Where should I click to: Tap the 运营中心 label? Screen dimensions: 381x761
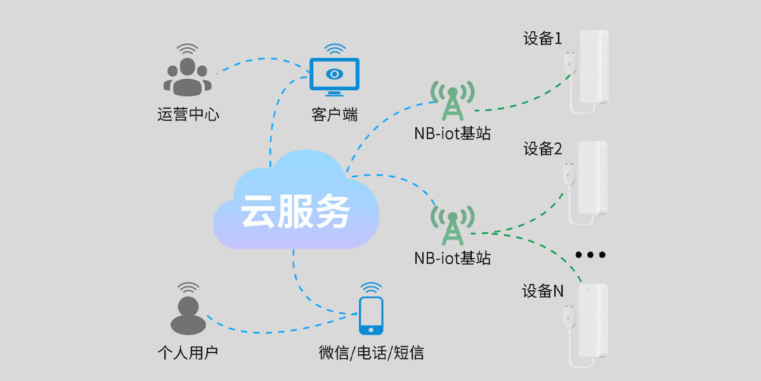(188, 115)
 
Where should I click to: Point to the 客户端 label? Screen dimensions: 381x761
(334, 115)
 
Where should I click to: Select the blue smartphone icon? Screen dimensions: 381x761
(371, 316)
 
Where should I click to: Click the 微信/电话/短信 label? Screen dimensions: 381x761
(371, 352)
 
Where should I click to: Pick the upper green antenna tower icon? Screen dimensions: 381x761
(452, 100)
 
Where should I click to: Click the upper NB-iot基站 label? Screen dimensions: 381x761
(452, 134)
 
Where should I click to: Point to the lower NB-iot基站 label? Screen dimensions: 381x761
(452, 258)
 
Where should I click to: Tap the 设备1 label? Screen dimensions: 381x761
(542, 39)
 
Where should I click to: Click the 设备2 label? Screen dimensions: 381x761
(542, 149)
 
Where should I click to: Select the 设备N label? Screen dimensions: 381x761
(542, 291)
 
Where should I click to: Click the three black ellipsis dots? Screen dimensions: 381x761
(590, 255)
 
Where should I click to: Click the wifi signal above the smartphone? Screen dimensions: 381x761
(371, 288)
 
